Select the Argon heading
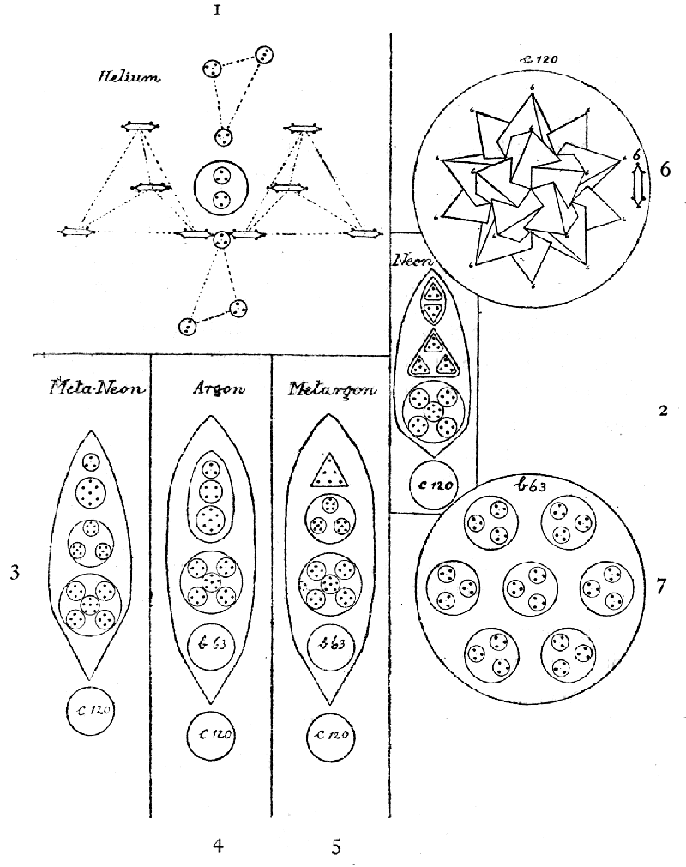pos(214,388)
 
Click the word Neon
pos(412,259)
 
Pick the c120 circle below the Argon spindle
pos(210,734)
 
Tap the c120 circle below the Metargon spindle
pos(330,734)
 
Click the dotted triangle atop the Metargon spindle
pos(330,471)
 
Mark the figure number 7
pos(660,587)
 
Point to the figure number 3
pos(15,573)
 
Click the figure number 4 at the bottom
pos(219,846)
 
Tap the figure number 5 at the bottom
pos(336,846)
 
